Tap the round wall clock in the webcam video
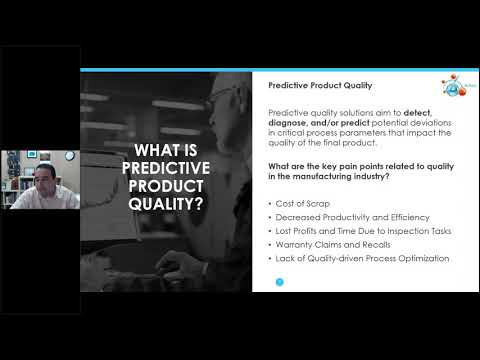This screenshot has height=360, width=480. tap(71, 156)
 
